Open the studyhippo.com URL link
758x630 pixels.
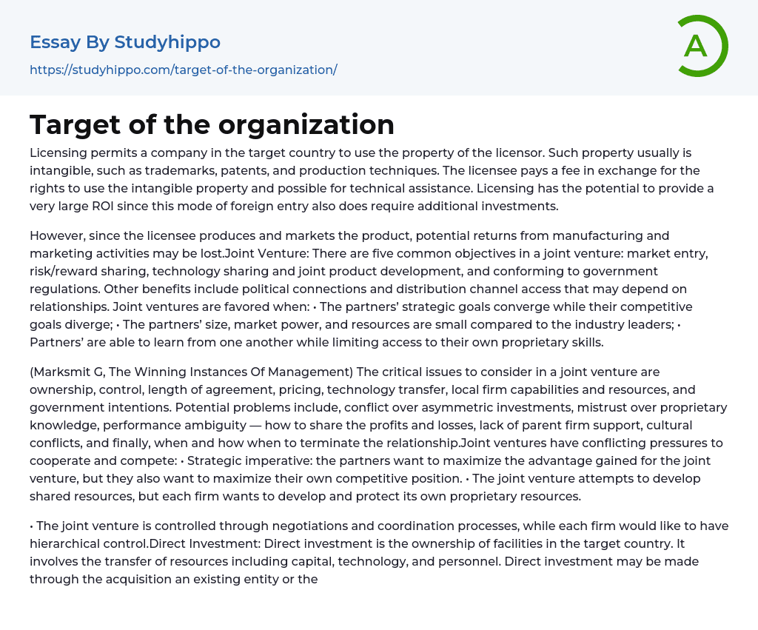click(183, 70)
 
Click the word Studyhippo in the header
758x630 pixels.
click(167, 42)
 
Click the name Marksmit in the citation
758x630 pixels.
click(64, 372)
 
